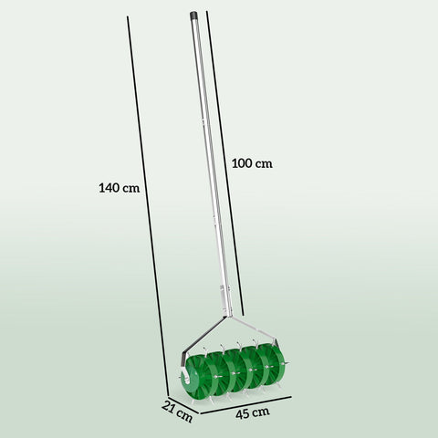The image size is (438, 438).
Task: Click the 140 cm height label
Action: point(119,189)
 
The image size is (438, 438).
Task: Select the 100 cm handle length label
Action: point(253,163)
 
